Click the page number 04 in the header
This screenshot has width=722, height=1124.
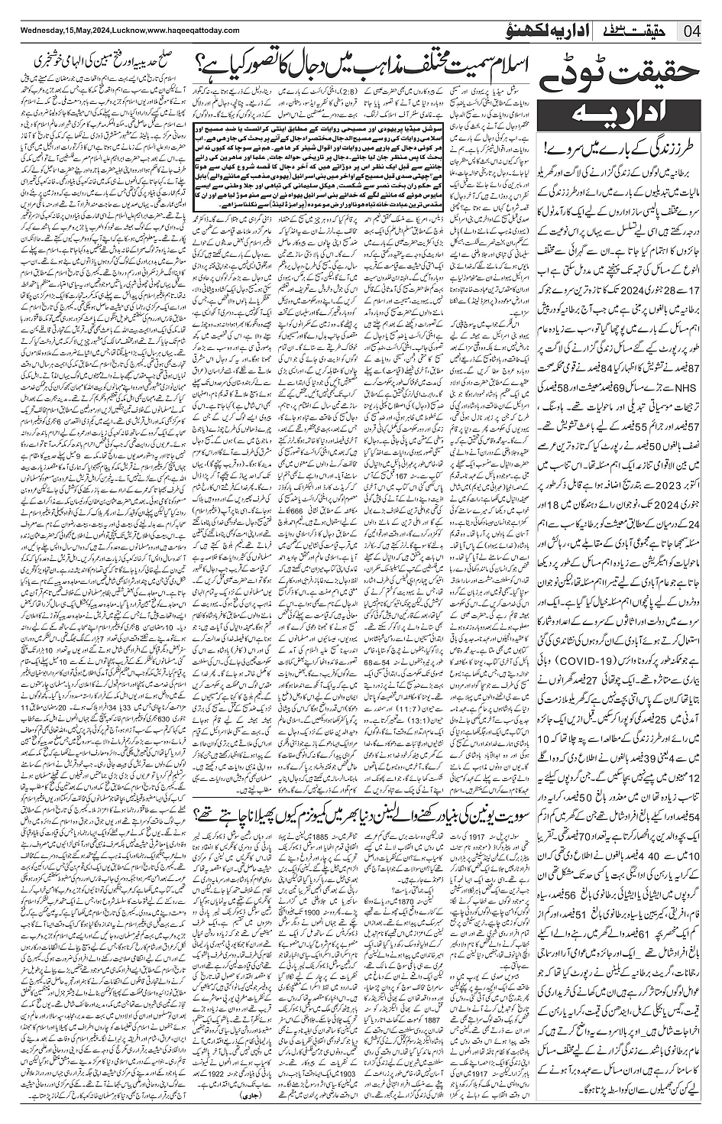692,31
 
